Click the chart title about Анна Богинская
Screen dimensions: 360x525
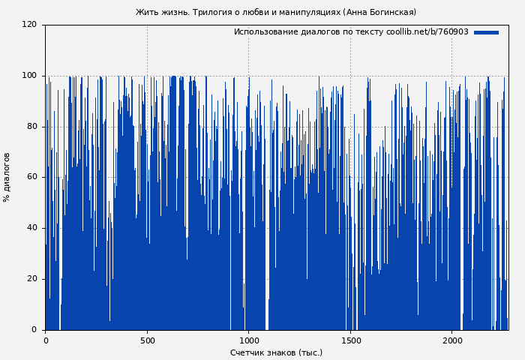point(275,12)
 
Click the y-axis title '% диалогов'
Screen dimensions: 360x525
point(7,177)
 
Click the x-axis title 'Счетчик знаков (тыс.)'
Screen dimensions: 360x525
point(276,352)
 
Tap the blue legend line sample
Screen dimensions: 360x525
point(486,32)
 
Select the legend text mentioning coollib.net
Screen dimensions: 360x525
point(350,32)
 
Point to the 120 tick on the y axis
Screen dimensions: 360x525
point(29,25)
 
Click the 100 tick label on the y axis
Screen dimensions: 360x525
point(29,76)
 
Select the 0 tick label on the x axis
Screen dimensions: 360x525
point(46,340)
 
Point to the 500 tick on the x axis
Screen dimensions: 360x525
point(147,340)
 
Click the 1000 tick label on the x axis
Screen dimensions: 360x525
point(248,340)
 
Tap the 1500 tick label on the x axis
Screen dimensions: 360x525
point(350,340)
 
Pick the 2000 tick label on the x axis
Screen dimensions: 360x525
point(451,340)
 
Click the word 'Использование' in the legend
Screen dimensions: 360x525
point(261,32)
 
